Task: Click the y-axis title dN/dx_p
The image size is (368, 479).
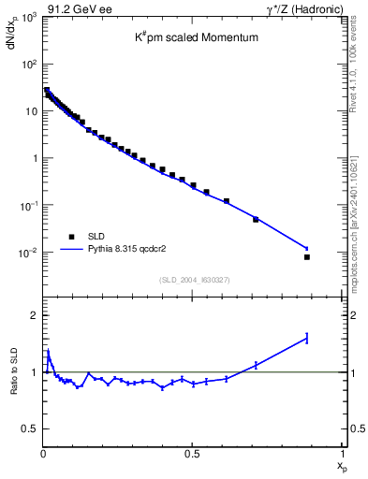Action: click(13, 36)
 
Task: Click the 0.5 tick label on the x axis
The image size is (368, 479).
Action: click(192, 454)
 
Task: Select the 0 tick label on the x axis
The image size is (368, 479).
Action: click(43, 454)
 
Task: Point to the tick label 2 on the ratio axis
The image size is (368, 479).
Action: click(34, 315)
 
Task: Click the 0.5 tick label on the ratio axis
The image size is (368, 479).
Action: click(30, 428)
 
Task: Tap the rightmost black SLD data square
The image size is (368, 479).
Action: click(307, 256)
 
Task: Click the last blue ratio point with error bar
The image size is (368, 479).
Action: click(307, 338)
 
